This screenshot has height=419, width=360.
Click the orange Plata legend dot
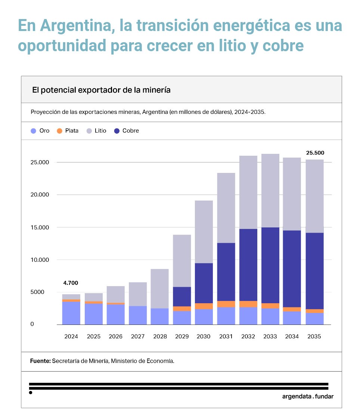59,131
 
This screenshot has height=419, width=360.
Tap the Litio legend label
100,131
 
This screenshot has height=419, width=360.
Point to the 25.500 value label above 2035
315,153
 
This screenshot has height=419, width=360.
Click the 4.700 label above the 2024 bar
71,283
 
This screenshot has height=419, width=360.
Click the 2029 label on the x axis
182,336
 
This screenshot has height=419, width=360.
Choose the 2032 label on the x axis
248,336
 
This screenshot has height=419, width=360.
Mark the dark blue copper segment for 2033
270,265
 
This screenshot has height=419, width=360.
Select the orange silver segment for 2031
226,304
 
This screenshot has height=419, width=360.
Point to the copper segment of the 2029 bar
182,297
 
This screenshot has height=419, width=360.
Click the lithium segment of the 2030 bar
204,232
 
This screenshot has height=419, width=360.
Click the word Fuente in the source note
40,361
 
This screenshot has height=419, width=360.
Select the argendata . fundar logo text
308,397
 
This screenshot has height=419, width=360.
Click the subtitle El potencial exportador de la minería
101,90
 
